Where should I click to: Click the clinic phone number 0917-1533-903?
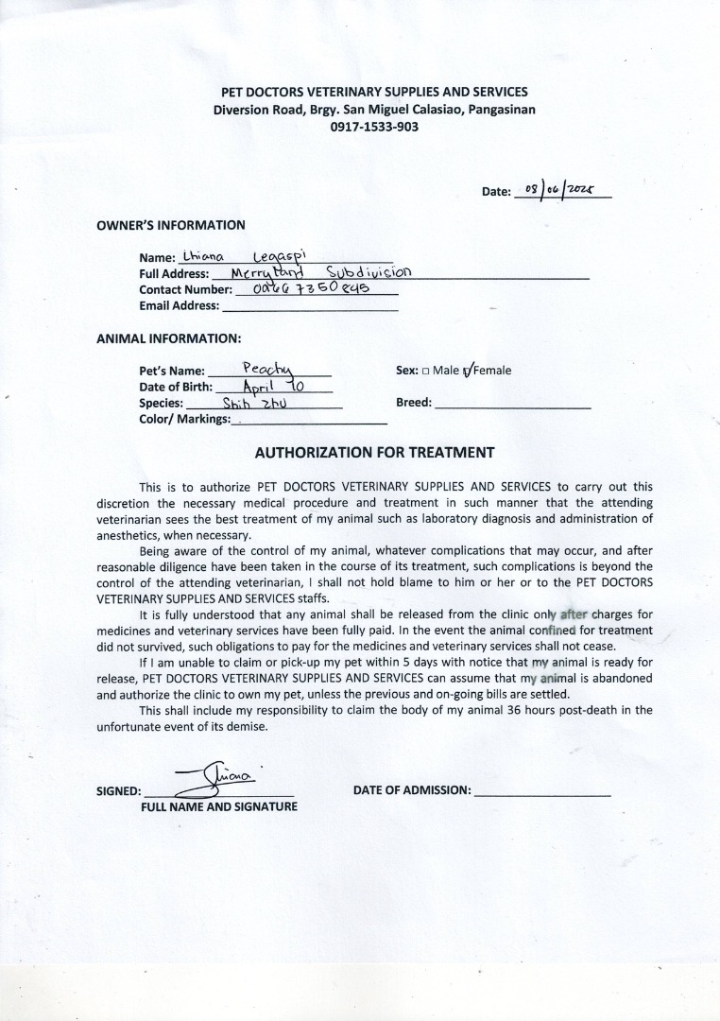(x=374, y=127)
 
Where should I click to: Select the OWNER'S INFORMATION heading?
(x=171, y=225)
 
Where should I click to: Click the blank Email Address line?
(x=309, y=305)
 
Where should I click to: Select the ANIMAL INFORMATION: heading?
(x=169, y=337)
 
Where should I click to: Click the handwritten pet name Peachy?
(x=269, y=368)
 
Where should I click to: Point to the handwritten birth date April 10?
(x=273, y=386)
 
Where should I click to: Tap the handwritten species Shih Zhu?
(x=248, y=402)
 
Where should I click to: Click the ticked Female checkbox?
(x=467, y=371)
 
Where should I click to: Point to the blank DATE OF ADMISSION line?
(x=542, y=790)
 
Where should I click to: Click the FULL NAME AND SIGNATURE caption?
(x=219, y=806)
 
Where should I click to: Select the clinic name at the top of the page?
(x=374, y=92)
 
